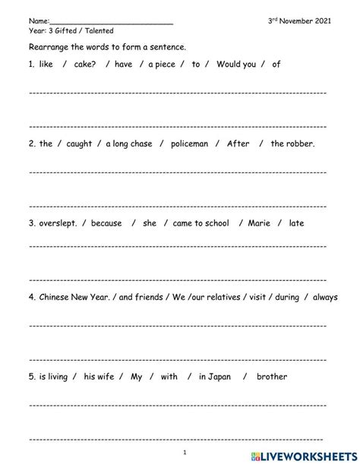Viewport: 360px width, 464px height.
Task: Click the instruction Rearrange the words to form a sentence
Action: (x=107, y=47)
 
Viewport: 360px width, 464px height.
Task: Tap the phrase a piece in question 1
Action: (x=161, y=65)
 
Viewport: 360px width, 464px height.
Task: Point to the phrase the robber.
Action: (x=292, y=144)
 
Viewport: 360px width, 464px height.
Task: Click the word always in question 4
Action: (x=325, y=298)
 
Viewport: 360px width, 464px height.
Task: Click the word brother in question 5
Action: (x=272, y=376)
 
